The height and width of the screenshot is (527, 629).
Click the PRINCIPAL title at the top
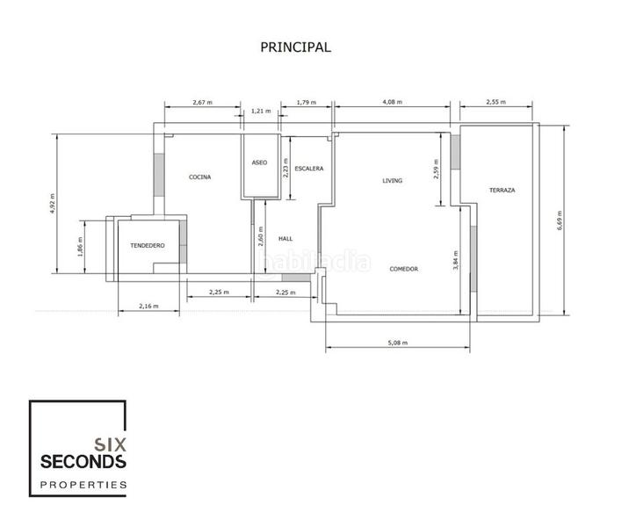[x=295, y=47]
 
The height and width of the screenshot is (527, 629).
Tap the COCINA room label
[x=199, y=177]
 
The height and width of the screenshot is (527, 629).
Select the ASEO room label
[x=259, y=162]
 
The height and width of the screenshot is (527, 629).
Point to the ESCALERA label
[x=309, y=168]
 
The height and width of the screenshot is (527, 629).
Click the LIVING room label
[x=392, y=181]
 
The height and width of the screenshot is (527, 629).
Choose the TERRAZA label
[x=502, y=191]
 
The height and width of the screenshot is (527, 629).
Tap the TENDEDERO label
[x=147, y=246]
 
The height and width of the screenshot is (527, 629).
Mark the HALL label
[x=285, y=238]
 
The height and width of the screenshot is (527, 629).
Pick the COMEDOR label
[x=403, y=269]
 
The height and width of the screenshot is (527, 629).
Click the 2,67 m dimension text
[x=203, y=103]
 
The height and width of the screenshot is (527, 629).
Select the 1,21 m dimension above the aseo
[x=261, y=112]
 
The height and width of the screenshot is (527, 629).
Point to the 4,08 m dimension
[x=392, y=103]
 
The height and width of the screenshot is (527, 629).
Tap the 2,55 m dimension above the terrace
[x=496, y=103]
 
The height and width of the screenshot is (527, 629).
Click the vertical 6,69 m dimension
[x=559, y=220]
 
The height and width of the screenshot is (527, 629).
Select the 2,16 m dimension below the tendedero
[x=149, y=306]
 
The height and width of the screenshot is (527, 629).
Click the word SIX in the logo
[x=110, y=444]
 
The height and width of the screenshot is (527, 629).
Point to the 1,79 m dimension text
[x=307, y=103]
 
